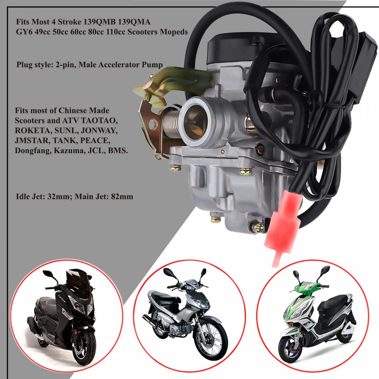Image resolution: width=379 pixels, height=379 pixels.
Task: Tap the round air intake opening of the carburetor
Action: (196, 122)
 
